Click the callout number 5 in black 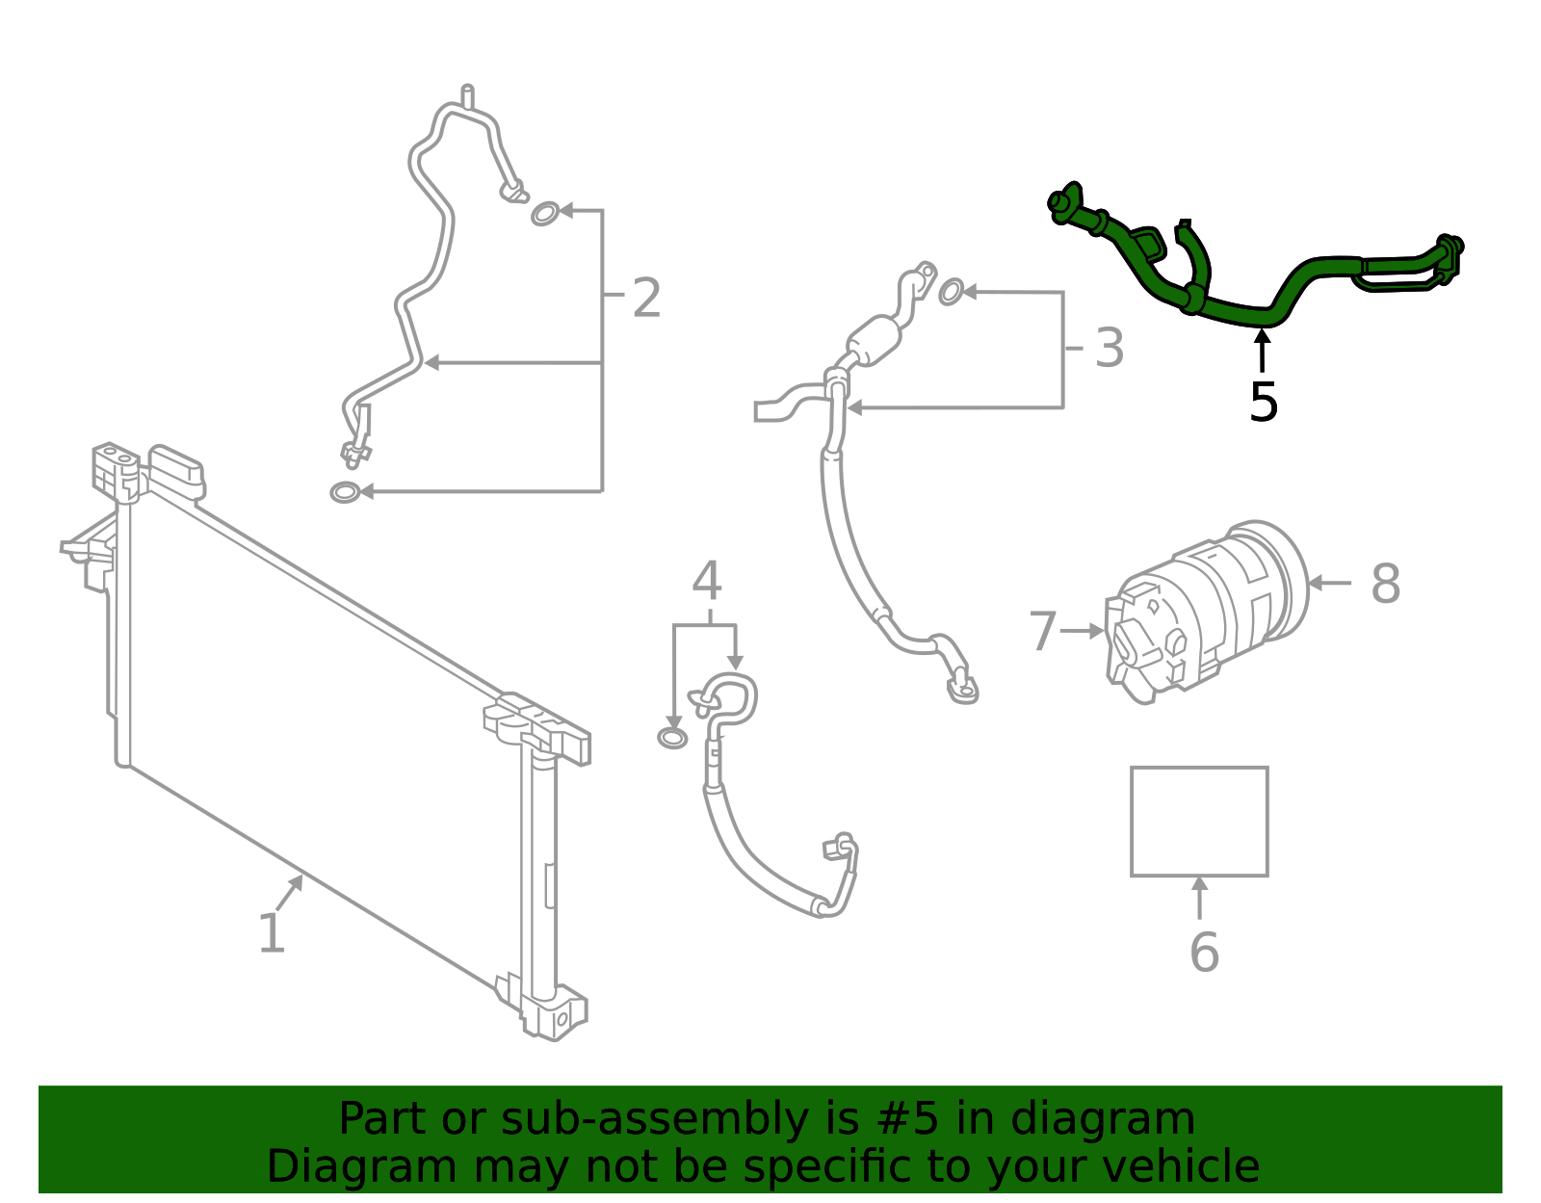[x=1263, y=403]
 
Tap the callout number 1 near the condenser [x=272, y=933]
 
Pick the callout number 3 [x=1110, y=349]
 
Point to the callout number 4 [x=707, y=581]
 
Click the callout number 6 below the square [x=1204, y=953]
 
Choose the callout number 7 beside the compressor [x=1042, y=632]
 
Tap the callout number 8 [x=1385, y=584]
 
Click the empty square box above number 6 [x=1199, y=822]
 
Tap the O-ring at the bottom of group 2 [x=344, y=492]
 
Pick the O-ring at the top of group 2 [x=545, y=213]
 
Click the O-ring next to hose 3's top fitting [x=951, y=291]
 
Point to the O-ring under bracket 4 [x=672, y=739]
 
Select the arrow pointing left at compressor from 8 [x=1329, y=583]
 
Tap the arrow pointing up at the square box [x=1199, y=896]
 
